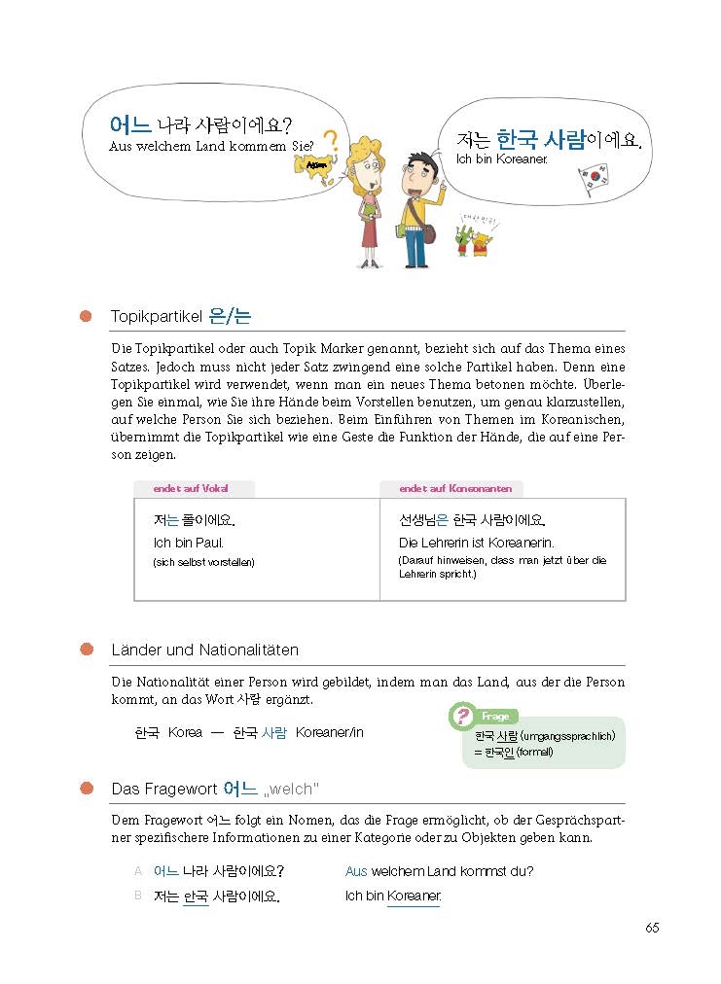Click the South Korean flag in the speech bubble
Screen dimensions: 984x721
[x=593, y=180]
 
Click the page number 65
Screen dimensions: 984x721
[x=652, y=928]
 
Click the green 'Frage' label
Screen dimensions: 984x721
[x=495, y=716]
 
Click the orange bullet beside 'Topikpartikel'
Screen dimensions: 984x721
[x=87, y=316]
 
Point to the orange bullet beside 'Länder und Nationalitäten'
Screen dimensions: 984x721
[x=87, y=650]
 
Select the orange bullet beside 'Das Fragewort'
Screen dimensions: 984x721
[x=87, y=788]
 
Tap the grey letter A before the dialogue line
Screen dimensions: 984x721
[x=138, y=870]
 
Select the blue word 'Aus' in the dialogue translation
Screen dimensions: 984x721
[x=356, y=871]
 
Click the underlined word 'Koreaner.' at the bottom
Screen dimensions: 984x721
[x=414, y=896]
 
